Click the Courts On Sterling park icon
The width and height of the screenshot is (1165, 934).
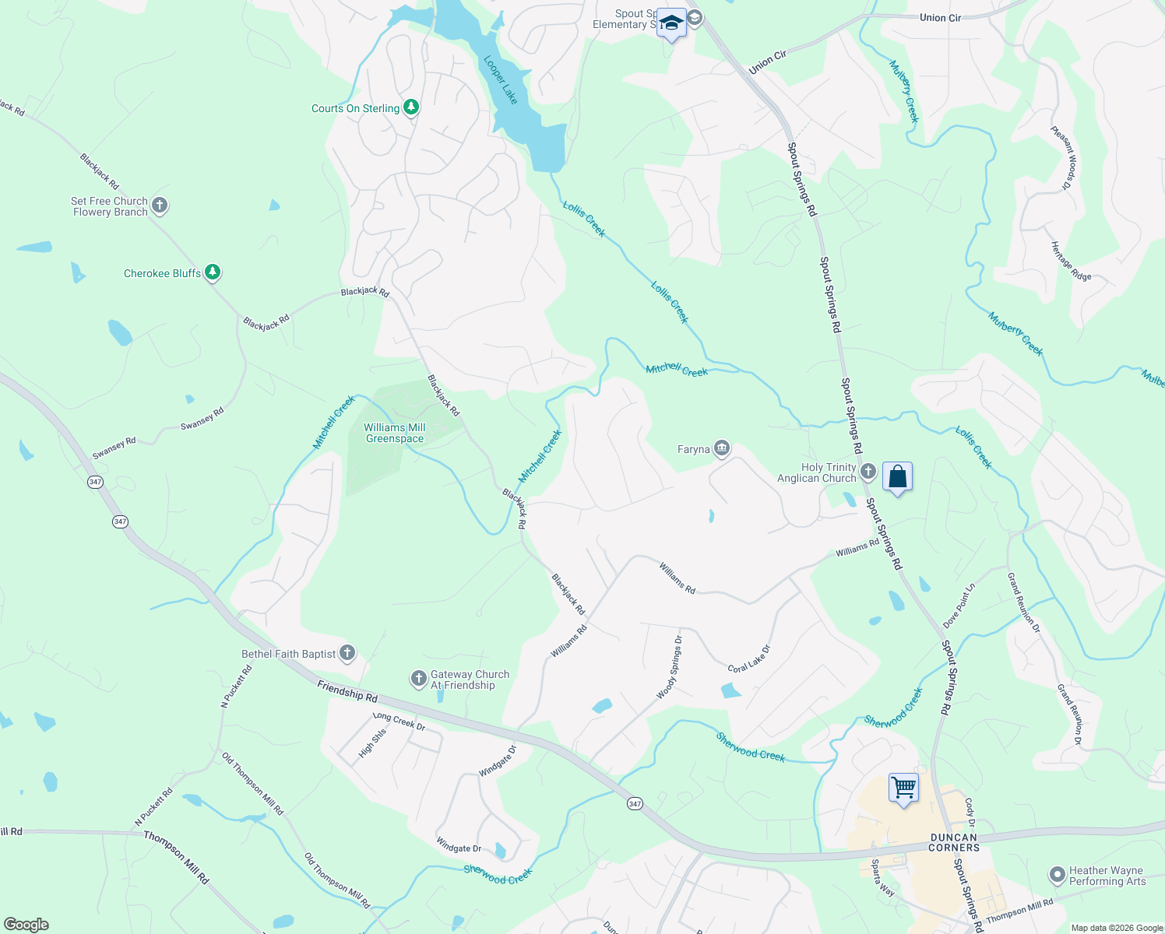(x=410, y=107)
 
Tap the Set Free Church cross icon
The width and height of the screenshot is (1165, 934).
(x=160, y=205)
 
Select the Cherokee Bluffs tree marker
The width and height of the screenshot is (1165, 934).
(x=213, y=272)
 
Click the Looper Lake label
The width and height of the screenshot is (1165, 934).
(x=500, y=79)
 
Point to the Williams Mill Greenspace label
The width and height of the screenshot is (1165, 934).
(x=395, y=433)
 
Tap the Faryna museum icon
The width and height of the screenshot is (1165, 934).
(x=722, y=448)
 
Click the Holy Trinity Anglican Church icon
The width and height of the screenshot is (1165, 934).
(x=868, y=471)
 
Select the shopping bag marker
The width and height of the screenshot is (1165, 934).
(x=897, y=477)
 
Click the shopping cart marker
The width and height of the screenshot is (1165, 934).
(x=903, y=788)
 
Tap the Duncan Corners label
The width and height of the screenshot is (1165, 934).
(x=954, y=842)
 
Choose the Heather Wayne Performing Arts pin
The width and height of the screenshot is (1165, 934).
(x=1057, y=875)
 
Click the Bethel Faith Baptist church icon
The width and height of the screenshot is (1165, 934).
(x=347, y=653)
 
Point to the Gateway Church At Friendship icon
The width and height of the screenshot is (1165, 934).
(x=419, y=679)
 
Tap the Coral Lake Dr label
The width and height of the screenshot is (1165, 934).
(x=749, y=658)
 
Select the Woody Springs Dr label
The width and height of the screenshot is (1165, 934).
(x=670, y=667)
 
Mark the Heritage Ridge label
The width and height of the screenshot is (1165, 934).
(x=1071, y=262)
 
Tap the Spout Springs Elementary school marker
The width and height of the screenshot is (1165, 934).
(x=671, y=23)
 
